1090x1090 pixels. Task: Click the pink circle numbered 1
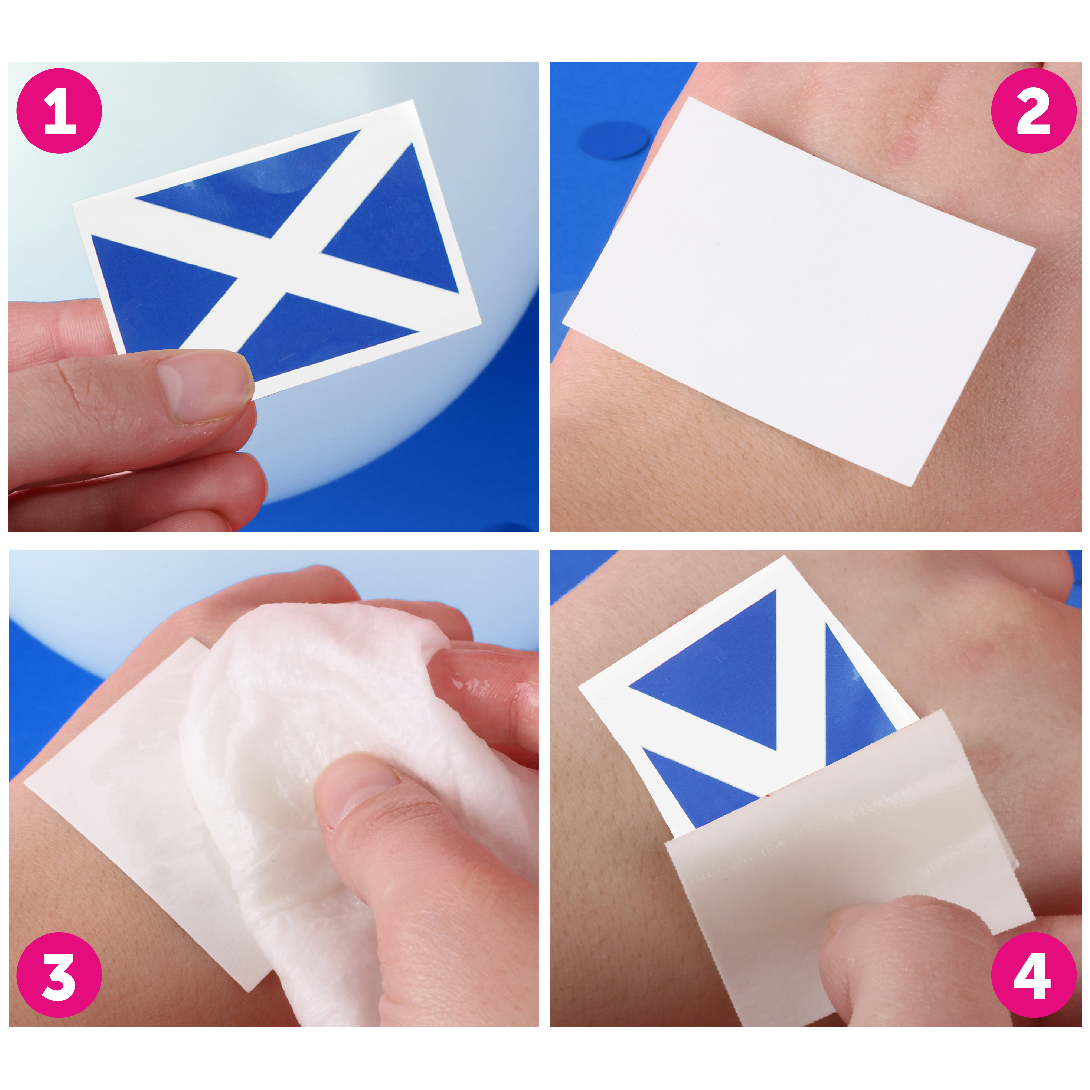59,111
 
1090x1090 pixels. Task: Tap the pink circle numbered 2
1033,111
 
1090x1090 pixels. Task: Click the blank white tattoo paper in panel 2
798,291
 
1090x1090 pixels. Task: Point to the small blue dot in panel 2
615,140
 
